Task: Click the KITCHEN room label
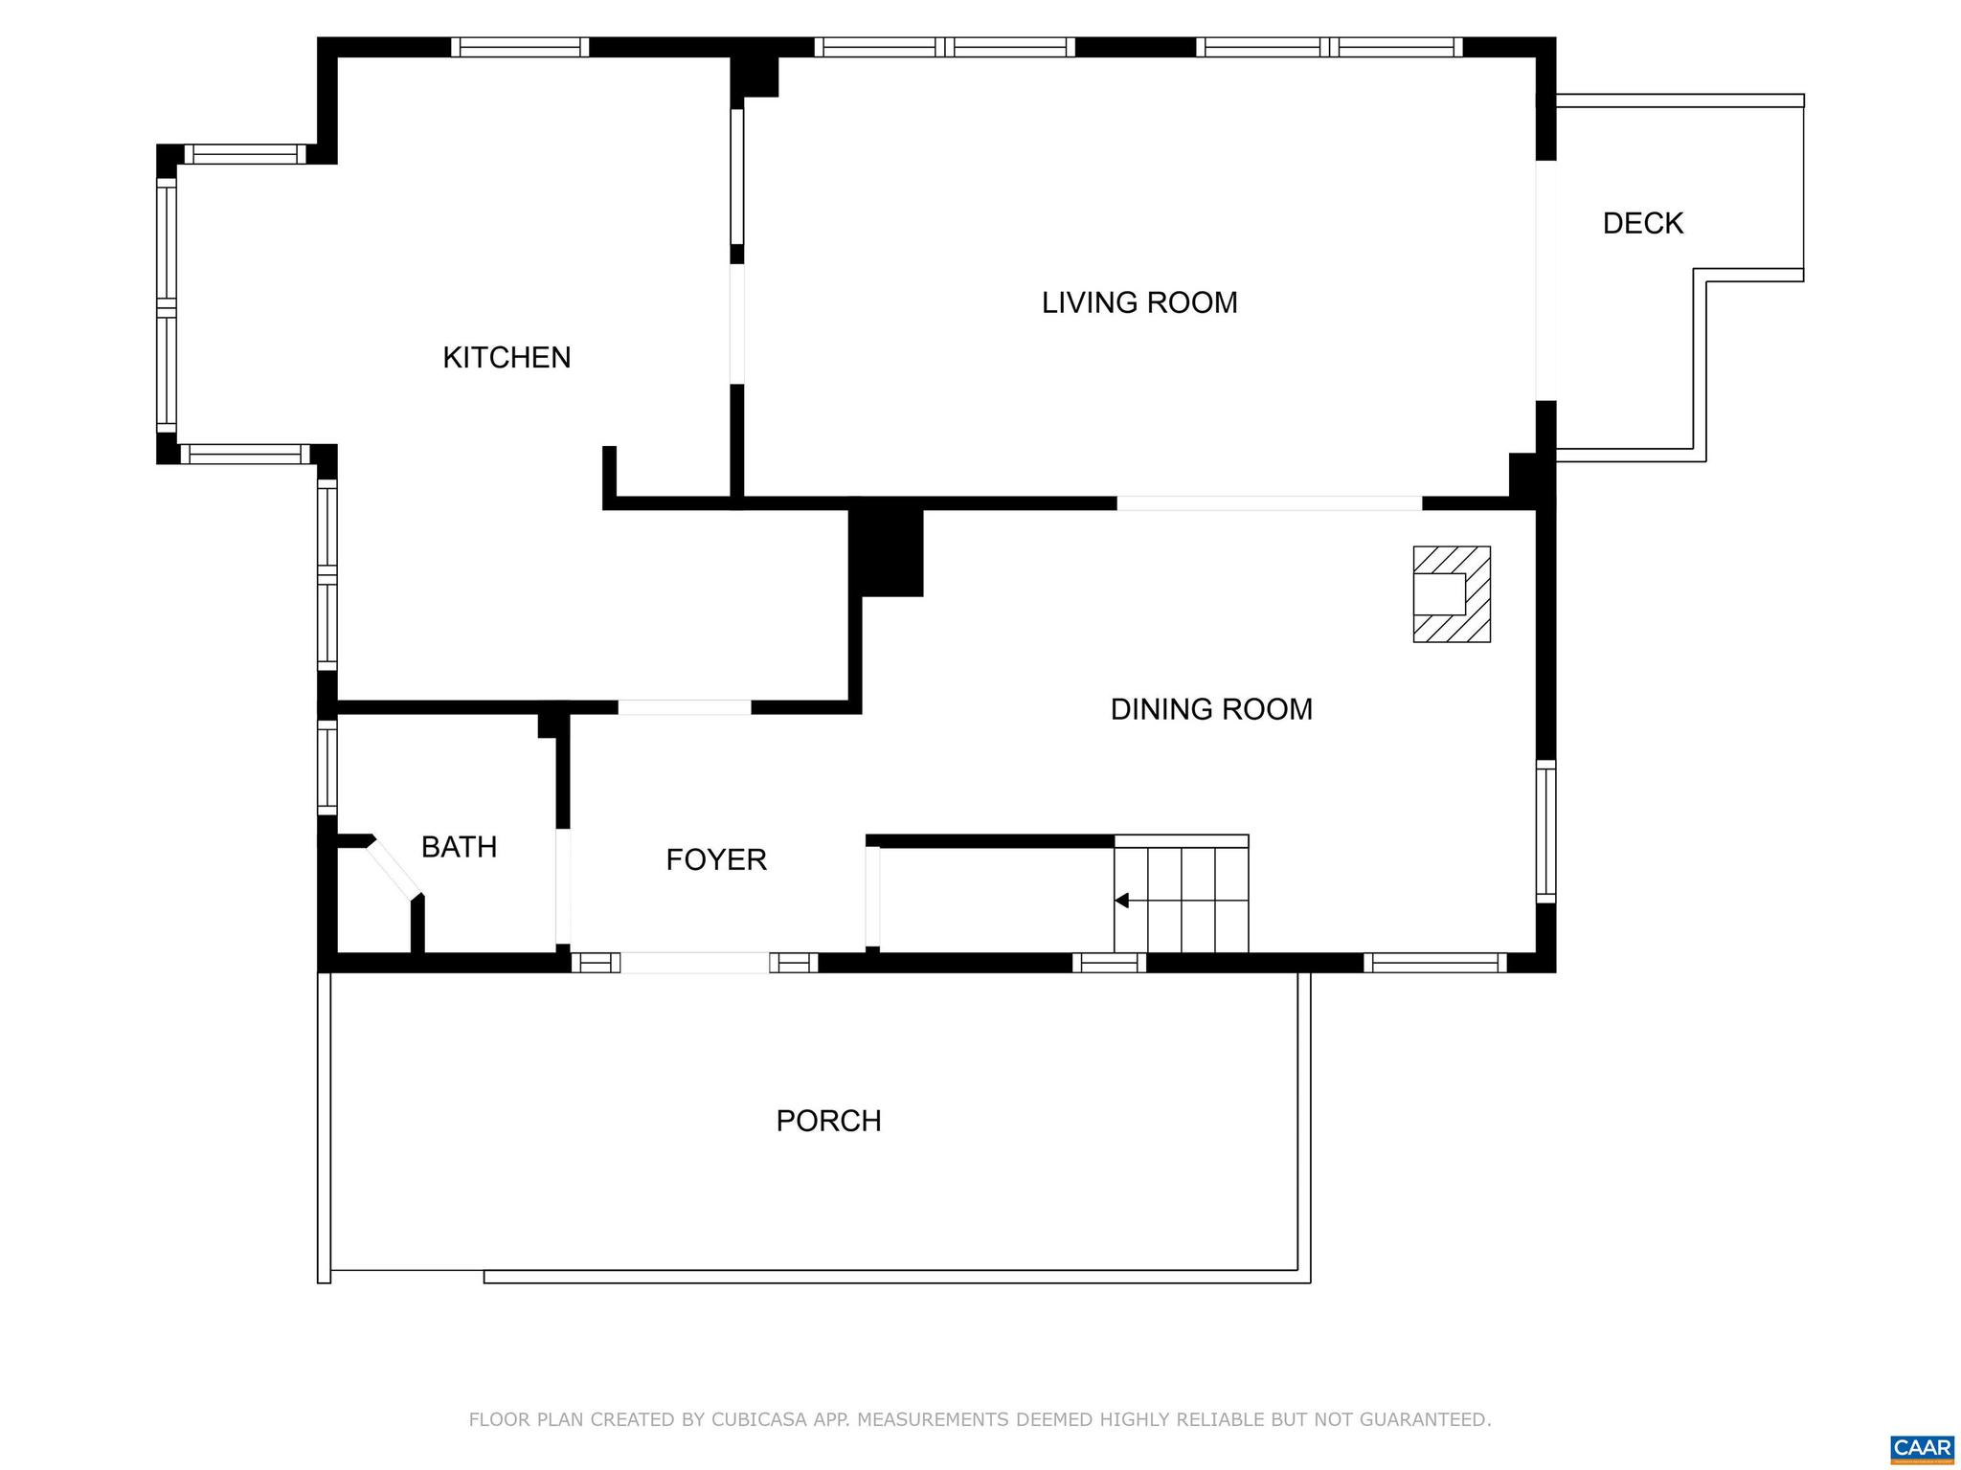tap(507, 358)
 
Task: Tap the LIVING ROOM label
tap(1139, 302)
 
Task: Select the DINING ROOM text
tap(1211, 709)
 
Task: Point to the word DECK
tap(1642, 223)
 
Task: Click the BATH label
tap(459, 847)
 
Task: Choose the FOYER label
tap(716, 859)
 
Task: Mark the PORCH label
tap(828, 1121)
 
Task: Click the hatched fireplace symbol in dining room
tap(1452, 594)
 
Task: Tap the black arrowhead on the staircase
tap(1122, 901)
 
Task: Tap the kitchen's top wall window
tap(520, 47)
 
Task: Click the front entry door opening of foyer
tap(695, 963)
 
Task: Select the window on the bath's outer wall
tap(327, 767)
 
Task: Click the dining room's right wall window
tap(1545, 831)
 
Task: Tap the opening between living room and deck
tap(1545, 280)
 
